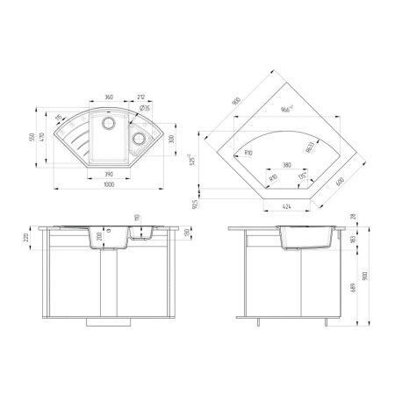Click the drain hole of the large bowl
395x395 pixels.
(x=111, y=124)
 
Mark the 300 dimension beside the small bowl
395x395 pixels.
(x=172, y=138)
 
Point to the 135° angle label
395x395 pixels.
(x=302, y=176)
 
